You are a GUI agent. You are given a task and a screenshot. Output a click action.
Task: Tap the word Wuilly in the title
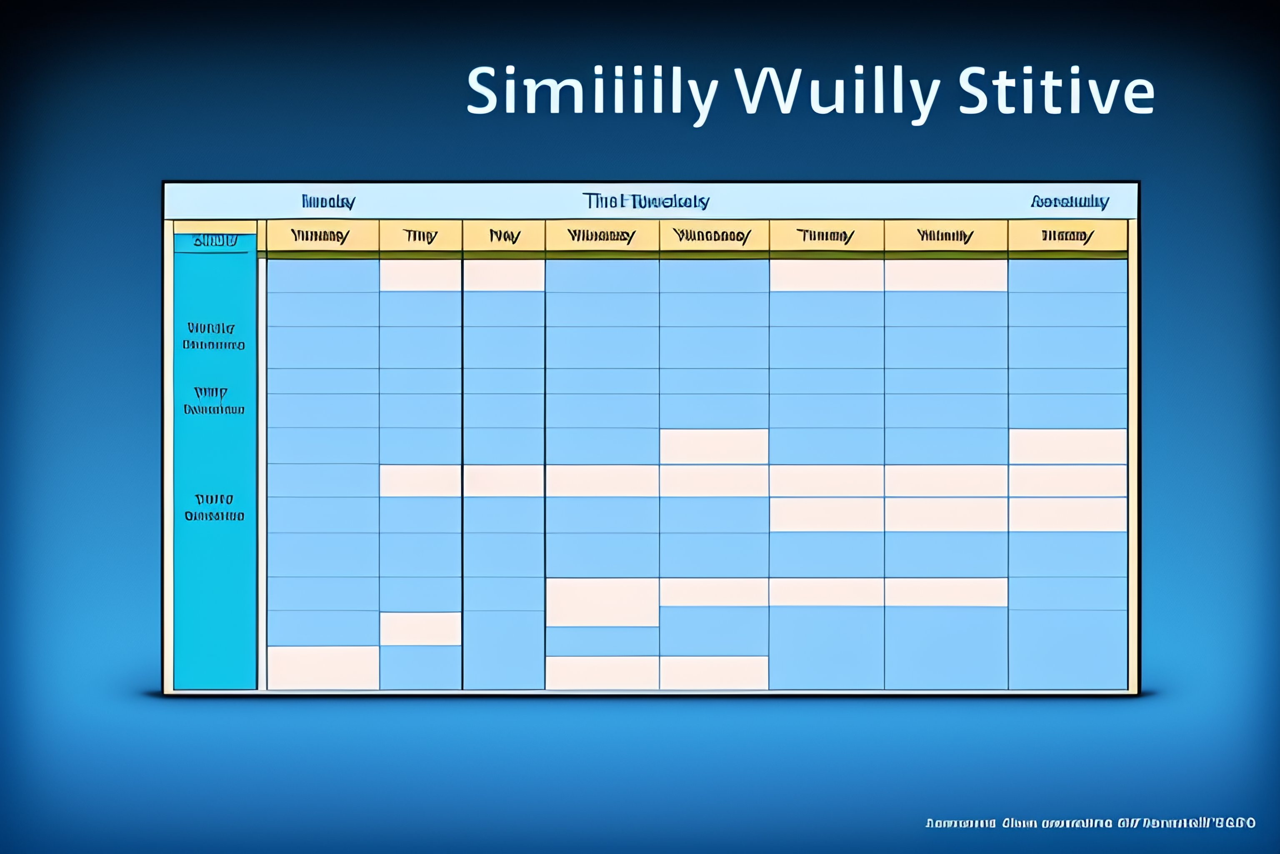pos(837,91)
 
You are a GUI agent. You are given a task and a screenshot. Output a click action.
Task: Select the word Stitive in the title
pos(1056,91)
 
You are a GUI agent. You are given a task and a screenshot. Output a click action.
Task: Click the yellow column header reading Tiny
pos(420,236)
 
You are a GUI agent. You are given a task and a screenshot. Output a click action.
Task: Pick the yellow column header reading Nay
pos(504,236)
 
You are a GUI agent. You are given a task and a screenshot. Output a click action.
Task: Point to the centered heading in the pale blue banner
pos(645,201)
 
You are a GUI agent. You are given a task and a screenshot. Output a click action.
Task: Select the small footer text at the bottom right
pos(1090,823)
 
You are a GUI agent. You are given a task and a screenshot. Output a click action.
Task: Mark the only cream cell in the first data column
pos(323,668)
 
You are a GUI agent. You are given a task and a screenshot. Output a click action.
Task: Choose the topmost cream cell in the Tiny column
pos(420,275)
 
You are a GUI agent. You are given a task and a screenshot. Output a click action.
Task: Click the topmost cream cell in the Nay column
pos(504,275)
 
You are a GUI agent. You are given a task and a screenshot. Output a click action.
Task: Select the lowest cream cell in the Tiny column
pos(420,628)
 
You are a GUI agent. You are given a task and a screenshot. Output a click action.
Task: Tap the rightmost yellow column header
pos(1067,236)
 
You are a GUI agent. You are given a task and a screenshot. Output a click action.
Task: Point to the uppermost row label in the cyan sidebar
pos(213,336)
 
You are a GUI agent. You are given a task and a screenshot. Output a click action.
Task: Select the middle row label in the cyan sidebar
pos(213,401)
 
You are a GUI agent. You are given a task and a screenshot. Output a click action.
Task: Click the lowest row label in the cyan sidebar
pos(214,507)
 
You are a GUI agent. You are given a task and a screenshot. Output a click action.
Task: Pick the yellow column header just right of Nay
pos(601,236)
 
